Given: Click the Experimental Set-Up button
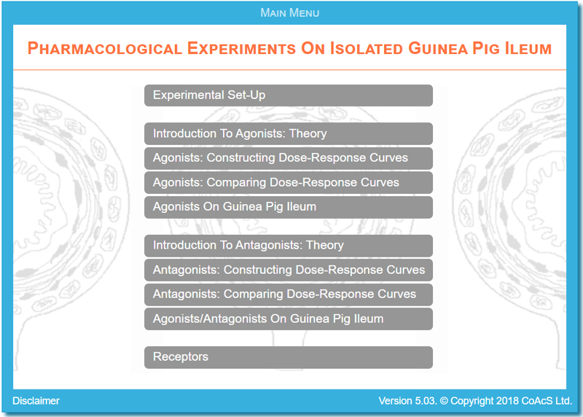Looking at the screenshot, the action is coord(289,96).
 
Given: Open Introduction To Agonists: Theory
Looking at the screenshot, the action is coord(289,133).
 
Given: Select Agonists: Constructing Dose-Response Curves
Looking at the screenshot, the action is coord(289,158).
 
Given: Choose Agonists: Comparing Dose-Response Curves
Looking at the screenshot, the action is coord(289,183).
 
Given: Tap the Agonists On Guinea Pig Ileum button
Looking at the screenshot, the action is coord(289,207).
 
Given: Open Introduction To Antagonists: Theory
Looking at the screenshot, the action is coord(289,246).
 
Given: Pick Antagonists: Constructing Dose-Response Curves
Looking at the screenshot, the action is coord(289,270).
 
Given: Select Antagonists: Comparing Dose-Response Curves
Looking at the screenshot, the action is coord(289,295).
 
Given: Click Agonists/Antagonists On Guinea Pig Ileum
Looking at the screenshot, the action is coord(289,319).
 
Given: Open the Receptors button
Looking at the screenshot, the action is coord(289,357).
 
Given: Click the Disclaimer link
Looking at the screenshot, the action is coord(36,401).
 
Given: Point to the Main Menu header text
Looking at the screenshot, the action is coord(289,13).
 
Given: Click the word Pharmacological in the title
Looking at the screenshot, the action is coord(105,48).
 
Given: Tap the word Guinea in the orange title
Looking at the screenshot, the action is coord(438,48).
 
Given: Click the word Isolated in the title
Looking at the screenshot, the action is coord(367,48).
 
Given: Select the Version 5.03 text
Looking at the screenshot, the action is coord(407,401).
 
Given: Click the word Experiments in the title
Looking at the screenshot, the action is coord(241,48).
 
